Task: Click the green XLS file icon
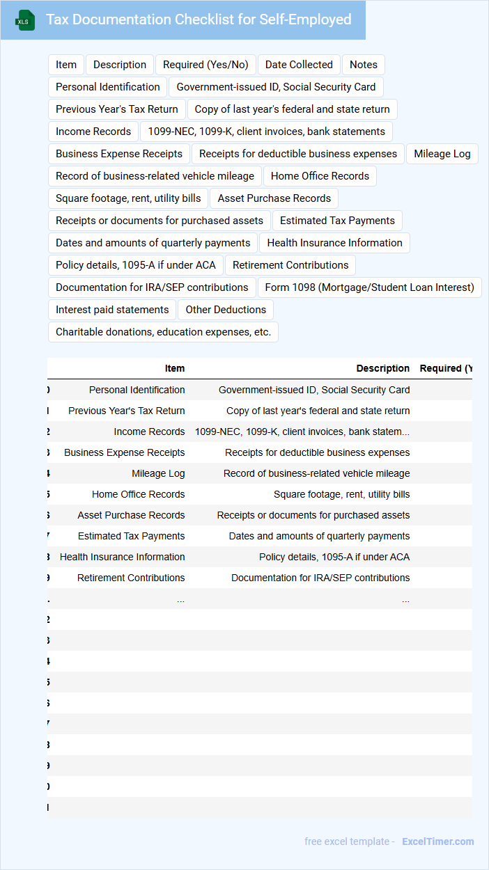pyautogui.click(x=24, y=20)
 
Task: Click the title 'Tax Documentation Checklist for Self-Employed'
pyautogui.click(x=199, y=19)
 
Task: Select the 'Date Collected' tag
pyautogui.click(x=299, y=65)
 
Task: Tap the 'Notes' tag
pyautogui.click(x=364, y=65)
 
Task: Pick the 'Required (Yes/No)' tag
pyautogui.click(x=205, y=65)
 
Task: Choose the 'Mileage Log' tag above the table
pyautogui.click(x=442, y=154)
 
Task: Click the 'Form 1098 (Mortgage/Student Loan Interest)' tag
pyautogui.click(x=369, y=287)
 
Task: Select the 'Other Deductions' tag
pyautogui.click(x=226, y=310)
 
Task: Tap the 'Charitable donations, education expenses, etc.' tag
pyautogui.click(x=163, y=332)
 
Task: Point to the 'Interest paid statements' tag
pyautogui.click(x=112, y=310)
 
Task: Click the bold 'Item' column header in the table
pyautogui.click(x=175, y=368)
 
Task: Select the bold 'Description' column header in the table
pyautogui.click(x=382, y=368)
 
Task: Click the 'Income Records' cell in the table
pyautogui.click(x=149, y=432)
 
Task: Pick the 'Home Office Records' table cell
pyautogui.click(x=138, y=494)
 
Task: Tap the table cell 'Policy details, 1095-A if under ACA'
pyautogui.click(x=334, y=557)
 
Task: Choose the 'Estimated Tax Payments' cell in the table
pyautogui.click(x=131, y=536)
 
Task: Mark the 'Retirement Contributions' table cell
pyautogui.click(x=131, y=578)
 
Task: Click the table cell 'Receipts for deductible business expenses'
pyautogui.click(x=317, y=452)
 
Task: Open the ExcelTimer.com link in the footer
pyautogui.click(x=437, y=841)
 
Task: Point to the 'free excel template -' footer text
pyautogui.click(x=350, y=841)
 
